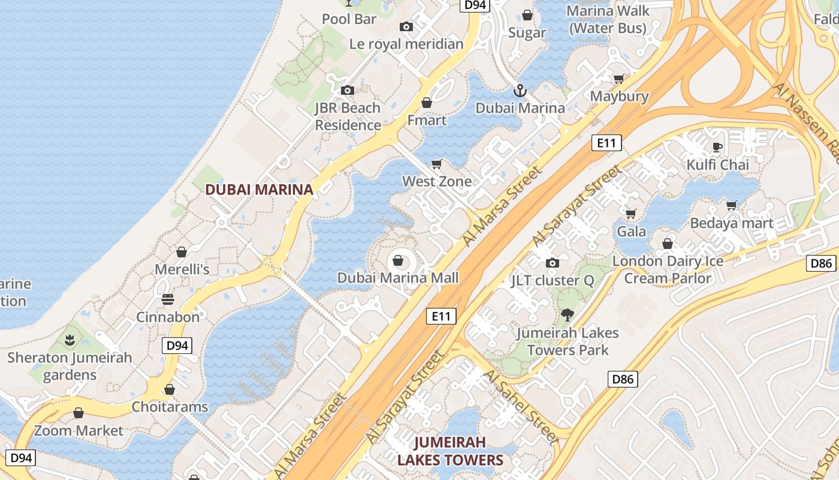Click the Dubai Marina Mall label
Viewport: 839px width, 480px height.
coord(398,278)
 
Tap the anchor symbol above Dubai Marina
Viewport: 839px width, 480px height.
coord(520,91)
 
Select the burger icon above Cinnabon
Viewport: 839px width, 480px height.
coord(168,299)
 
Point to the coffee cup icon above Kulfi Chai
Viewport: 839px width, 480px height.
coord(717,147)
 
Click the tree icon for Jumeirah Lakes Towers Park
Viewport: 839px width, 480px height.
coord(567,314)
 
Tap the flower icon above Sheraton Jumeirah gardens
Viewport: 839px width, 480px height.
coord(70,340)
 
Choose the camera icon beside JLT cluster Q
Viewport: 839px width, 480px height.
coord(552,263)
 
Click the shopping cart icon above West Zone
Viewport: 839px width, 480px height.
coord(437,164)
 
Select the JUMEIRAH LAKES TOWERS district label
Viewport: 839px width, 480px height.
coord(450,451)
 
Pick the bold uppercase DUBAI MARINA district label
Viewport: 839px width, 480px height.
coord(259,190)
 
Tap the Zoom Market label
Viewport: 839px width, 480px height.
coord(79,431)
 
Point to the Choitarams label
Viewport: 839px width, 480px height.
coord(170,407)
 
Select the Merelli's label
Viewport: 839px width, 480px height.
coord(182,269)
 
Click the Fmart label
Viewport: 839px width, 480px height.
coord(427,120)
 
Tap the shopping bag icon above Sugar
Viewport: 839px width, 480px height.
coord(527,15)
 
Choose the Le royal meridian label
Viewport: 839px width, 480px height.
coord(406,44)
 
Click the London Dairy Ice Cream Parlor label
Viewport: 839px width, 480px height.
coord(668,269)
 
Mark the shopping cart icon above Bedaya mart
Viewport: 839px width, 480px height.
coord(731,206)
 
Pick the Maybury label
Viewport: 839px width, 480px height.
coord(619,96)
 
